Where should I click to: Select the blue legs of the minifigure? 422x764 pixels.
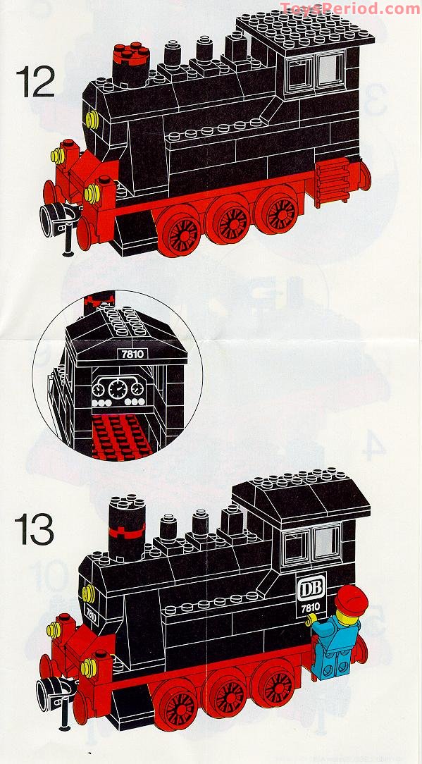pyautogui.click(x=330, y=658)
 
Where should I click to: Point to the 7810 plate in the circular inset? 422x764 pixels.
pyautogui.click(x=132, y=354)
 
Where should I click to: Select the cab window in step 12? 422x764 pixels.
pyautogui.click(x=315, y=69)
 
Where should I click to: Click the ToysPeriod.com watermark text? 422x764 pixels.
pyautogui.click(x=349, y=9)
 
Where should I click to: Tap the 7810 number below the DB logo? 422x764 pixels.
pyautogui.click(x=310, y=606)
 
